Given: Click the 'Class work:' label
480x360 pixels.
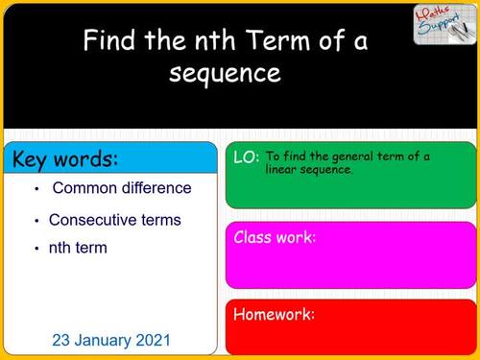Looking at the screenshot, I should point(275,237).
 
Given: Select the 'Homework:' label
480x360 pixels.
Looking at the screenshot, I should point(274,314).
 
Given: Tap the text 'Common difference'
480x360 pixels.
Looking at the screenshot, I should point(122,188).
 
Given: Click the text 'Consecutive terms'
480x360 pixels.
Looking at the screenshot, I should point(114,220).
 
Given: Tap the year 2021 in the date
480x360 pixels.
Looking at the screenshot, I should point(152,340).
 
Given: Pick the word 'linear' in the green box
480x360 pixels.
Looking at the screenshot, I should point(284,169).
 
